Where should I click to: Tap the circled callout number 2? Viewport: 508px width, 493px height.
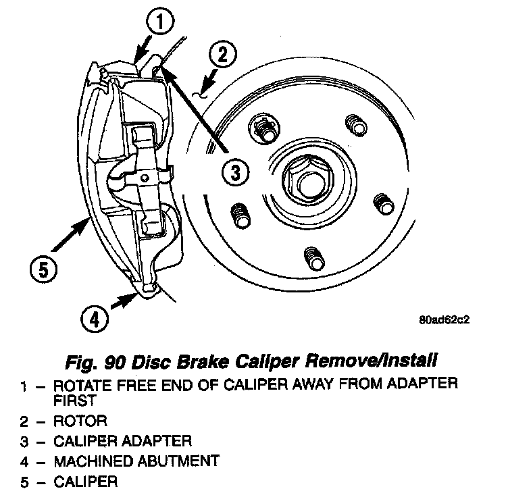click(x=224, y=53)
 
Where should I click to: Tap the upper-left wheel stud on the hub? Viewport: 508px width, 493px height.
click(x=263, y=128)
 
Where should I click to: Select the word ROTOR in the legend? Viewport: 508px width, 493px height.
click(x=80, y=421)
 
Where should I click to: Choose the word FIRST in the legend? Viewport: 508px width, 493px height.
click(x=72, y=401)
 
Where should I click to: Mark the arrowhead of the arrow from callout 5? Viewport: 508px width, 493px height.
click(x=86, y=224)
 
